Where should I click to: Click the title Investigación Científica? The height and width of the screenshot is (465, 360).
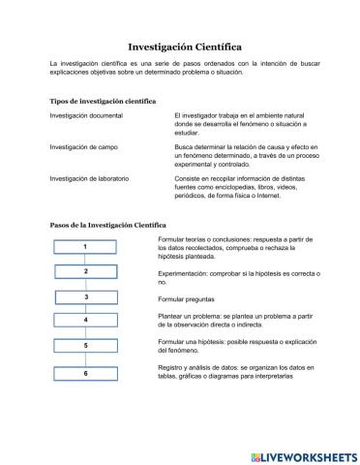pos(184,46)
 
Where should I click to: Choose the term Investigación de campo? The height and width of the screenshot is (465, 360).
pos(85,147)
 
